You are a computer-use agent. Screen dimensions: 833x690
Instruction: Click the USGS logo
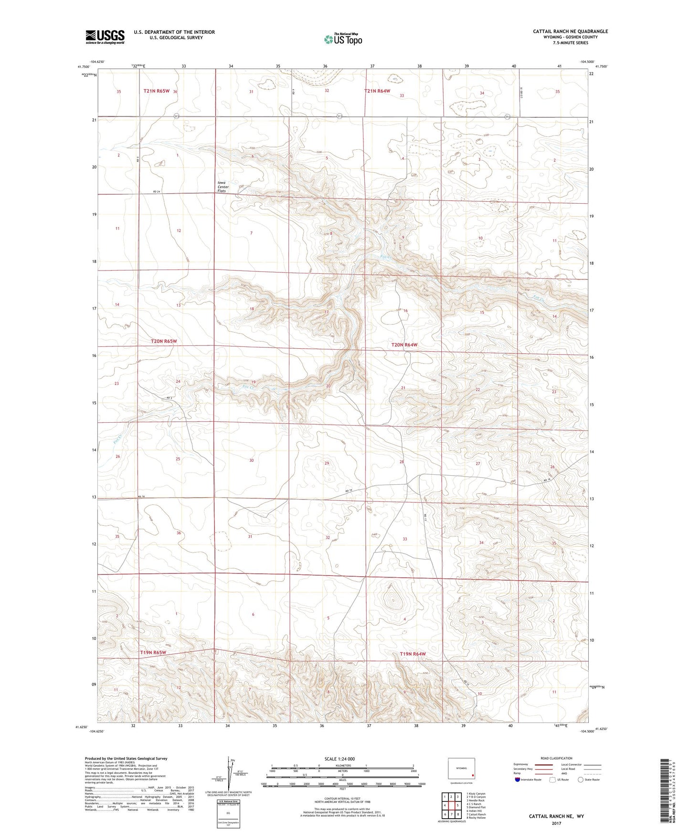[105, 37]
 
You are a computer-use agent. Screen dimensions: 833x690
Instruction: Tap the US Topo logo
[342, 39]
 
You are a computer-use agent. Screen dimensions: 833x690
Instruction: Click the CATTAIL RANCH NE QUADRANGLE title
[570, 31]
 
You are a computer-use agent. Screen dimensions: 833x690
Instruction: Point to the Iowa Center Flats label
[223, 187]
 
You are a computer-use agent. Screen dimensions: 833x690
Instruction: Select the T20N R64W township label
[404, 344]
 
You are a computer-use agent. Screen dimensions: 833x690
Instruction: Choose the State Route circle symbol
[580, 780]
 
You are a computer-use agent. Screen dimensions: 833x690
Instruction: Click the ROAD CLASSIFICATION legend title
[556, 758]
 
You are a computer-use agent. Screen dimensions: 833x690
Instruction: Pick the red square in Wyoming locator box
[473, 775]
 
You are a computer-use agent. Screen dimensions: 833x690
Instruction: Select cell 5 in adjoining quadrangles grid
[458, 805]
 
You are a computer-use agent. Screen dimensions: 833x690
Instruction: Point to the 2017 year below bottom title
[556, 823]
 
